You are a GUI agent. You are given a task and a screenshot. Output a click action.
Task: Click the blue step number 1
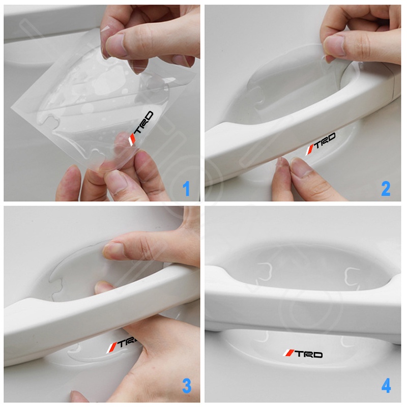(x=186, y=189)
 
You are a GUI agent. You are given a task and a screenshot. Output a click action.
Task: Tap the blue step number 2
(x=386, y=189)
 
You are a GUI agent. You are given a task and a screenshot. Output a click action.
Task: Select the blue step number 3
(x=187, y=386)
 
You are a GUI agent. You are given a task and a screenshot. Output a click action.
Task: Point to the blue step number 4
(x=386, y=386)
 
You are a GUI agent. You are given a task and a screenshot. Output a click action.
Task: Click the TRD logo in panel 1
(x=141, y=128)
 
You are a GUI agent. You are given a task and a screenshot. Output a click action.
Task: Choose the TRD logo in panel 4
(x=303, y=354)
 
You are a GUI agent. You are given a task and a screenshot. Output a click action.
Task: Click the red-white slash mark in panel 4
(x=288, y=353)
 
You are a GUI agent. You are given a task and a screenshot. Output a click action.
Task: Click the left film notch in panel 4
(x=264, y=272)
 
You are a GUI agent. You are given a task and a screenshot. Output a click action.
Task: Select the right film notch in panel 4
(x=352, y=276)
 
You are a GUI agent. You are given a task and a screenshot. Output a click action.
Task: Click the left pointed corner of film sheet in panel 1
(x=11, y=107)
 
